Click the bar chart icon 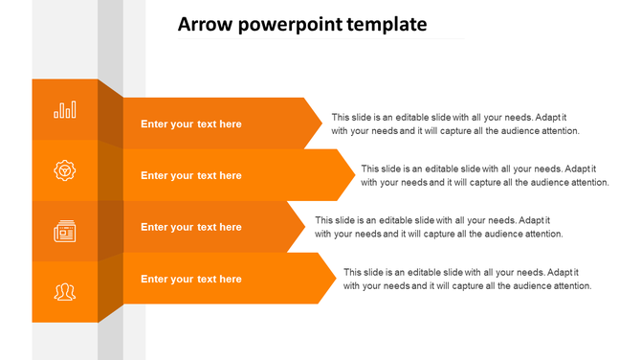click(x=65, y=110)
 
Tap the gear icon click(x=65, y=170)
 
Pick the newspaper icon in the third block click(x=65, y=231)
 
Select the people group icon click(x=65, y=291)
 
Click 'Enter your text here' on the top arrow click(x=191, y=124)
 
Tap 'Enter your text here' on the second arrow click(x=191, y=175)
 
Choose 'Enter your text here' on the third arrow click(x=191, y=227)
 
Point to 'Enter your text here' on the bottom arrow click(x=191, y=279)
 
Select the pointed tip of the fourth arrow click(x=332, y=279)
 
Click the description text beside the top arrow click(x=455, y=124)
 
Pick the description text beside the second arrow click(x=485, y=175)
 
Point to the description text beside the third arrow click(x=438, y=227)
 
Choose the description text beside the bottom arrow click(x=468, y=279)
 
